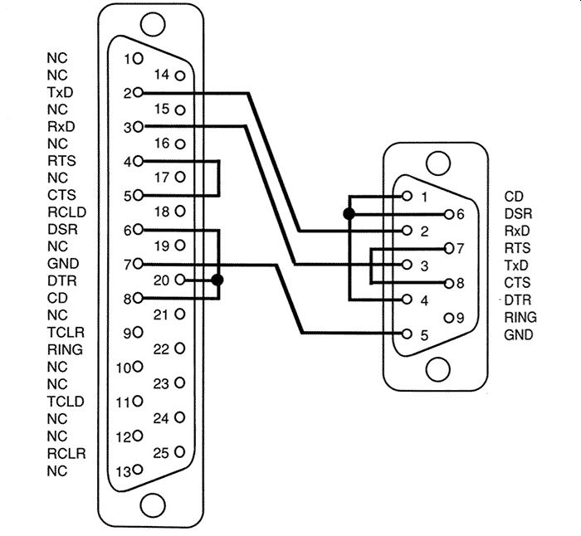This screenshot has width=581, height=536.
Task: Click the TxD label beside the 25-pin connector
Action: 60,92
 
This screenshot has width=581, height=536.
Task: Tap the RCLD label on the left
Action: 66,212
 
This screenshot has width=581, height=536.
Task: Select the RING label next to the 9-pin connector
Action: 520,318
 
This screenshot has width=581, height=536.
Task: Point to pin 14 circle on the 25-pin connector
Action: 180,76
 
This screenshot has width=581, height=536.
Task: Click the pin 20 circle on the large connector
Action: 180,280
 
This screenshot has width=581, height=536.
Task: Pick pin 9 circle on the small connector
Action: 449,318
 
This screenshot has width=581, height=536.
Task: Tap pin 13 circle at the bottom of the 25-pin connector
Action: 138,470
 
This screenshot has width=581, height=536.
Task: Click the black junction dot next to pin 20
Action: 217,280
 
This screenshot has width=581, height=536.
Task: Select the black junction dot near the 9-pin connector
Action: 349,214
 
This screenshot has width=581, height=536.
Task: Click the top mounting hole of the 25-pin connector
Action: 153,25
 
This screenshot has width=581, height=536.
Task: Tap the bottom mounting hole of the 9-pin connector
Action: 438,369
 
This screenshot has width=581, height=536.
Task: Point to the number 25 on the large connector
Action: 161,453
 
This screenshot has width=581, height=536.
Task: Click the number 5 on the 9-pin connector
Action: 424,335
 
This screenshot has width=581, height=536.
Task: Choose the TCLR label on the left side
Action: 66,332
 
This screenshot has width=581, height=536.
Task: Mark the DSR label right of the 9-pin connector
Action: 518,214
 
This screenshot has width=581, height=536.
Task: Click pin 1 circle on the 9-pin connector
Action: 407,196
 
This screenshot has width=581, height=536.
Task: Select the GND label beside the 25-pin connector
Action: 63,263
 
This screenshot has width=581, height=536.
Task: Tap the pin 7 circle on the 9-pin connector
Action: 449,248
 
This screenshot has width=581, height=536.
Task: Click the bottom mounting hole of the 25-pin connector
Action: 153,505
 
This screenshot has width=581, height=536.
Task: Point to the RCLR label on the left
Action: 66,453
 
